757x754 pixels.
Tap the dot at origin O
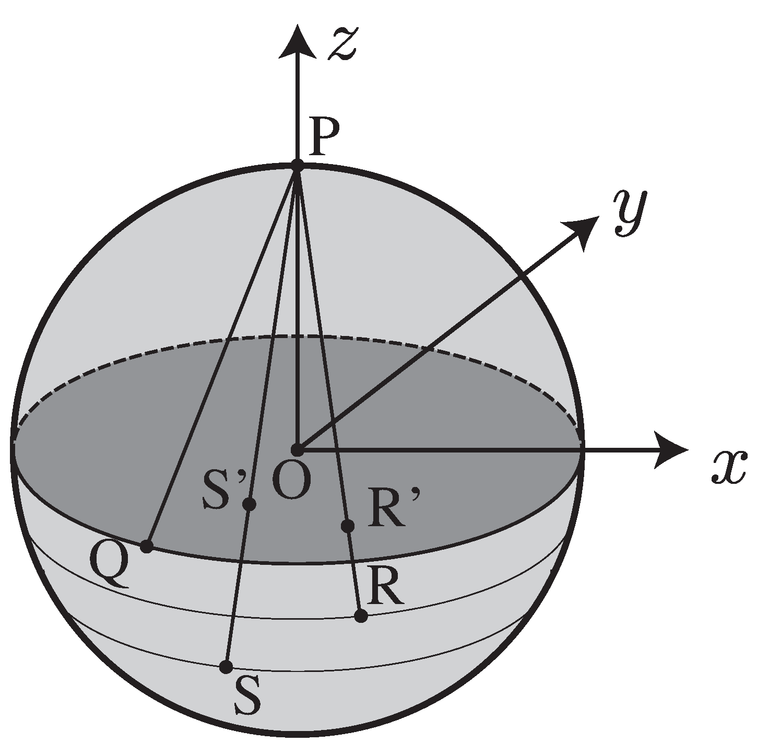[x=297, y=449]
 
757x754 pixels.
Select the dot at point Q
[x=147, y=547]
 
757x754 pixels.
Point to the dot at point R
[x=361, y=616]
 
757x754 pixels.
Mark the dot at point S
[x=226, y=667]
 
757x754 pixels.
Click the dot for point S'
[x=250, y=504]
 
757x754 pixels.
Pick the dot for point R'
[x=347, y=526]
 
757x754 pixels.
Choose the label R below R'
[x=385, y=587]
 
